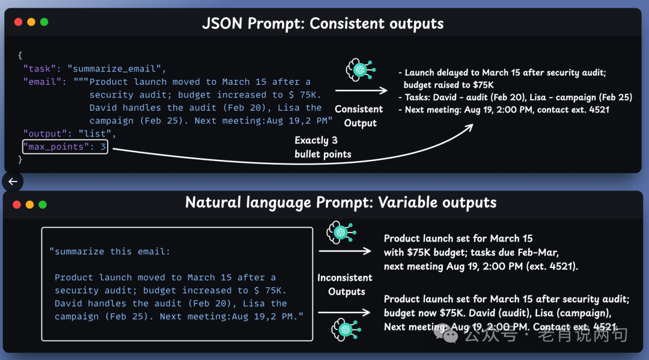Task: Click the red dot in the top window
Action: click(18, 22)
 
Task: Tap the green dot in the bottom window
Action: click(43, 204)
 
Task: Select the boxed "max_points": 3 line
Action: click(65, 147)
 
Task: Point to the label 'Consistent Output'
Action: click(359, 116)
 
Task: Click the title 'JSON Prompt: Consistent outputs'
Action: click(323, 24)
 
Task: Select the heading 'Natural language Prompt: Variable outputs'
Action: click(341, 203)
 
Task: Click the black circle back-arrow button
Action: click(12, 181)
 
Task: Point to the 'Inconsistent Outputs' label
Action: click(346, 284)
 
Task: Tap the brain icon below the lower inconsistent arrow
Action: click(344, 329)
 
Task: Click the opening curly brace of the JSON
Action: click(20, 55)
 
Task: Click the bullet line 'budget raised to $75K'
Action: click(448, 85)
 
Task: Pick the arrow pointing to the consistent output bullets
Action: click(361, 91)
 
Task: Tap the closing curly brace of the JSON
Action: click(20, 160)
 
